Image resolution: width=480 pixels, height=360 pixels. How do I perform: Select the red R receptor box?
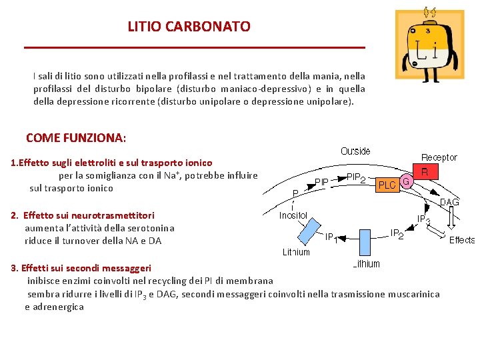[425, 172]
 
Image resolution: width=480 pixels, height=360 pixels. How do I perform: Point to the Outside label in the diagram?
[355, 151]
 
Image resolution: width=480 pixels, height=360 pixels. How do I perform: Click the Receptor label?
[439, 157]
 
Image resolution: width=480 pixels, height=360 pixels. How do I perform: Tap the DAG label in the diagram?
[449, 202]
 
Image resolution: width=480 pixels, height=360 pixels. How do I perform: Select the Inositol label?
[293, 215]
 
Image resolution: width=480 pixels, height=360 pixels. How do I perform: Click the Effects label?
[462, 240]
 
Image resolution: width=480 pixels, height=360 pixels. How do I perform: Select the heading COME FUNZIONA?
[75, 138]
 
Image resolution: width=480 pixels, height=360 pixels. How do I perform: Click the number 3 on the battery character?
[427, 30]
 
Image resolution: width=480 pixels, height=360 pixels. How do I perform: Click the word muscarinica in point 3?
[415, 294]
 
